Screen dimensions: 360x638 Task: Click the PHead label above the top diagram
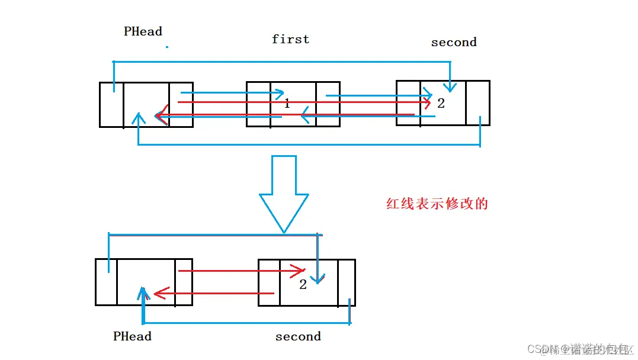(143, 31)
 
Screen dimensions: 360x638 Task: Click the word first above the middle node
(290, 39)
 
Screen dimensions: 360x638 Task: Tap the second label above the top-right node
(454, 42)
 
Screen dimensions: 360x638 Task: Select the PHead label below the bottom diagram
(132, 336)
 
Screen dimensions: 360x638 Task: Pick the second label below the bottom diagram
(298, 336)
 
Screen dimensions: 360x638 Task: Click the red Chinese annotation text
(437, 204)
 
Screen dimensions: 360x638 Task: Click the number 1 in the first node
(287, 104)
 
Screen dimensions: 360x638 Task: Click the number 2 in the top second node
(441, 103)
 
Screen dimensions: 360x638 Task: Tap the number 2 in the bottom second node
(303, 284)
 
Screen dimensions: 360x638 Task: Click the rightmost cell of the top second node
(477, 103)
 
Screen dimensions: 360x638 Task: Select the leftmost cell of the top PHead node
(111, 105)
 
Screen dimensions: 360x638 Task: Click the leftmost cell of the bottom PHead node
(106, 282)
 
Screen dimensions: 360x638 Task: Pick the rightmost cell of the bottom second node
(347, 282)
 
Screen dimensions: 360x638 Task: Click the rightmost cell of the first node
(328, 105)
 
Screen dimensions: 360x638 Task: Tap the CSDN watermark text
(578, 349)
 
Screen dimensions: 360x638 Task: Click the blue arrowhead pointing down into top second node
(450, 87)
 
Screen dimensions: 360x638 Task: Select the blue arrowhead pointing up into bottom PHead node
(142, 293)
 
